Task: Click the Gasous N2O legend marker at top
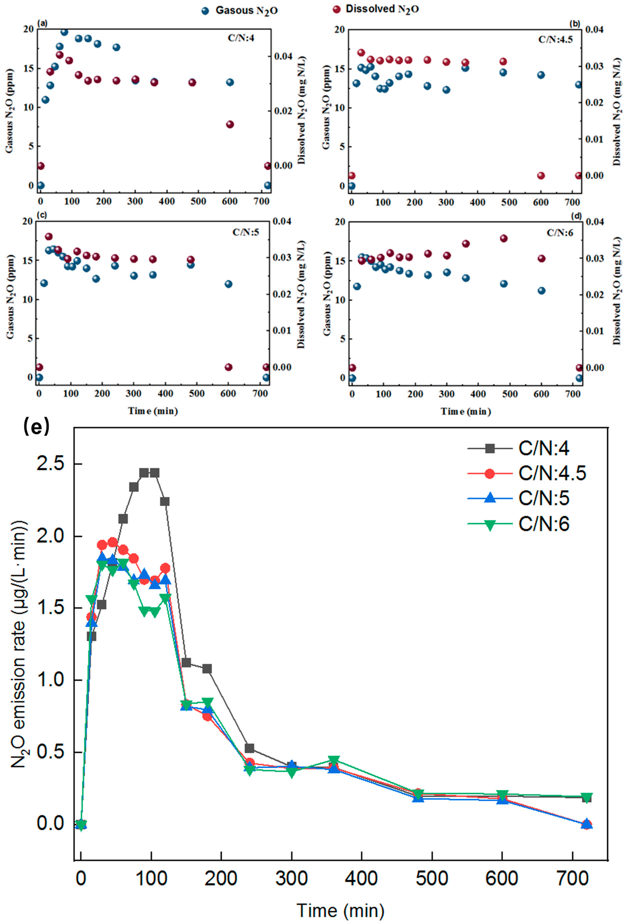point(205,11)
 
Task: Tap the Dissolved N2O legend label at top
point(382,9)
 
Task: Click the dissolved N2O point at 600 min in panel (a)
point(230,124)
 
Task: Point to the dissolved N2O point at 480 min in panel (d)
point(504,238)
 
